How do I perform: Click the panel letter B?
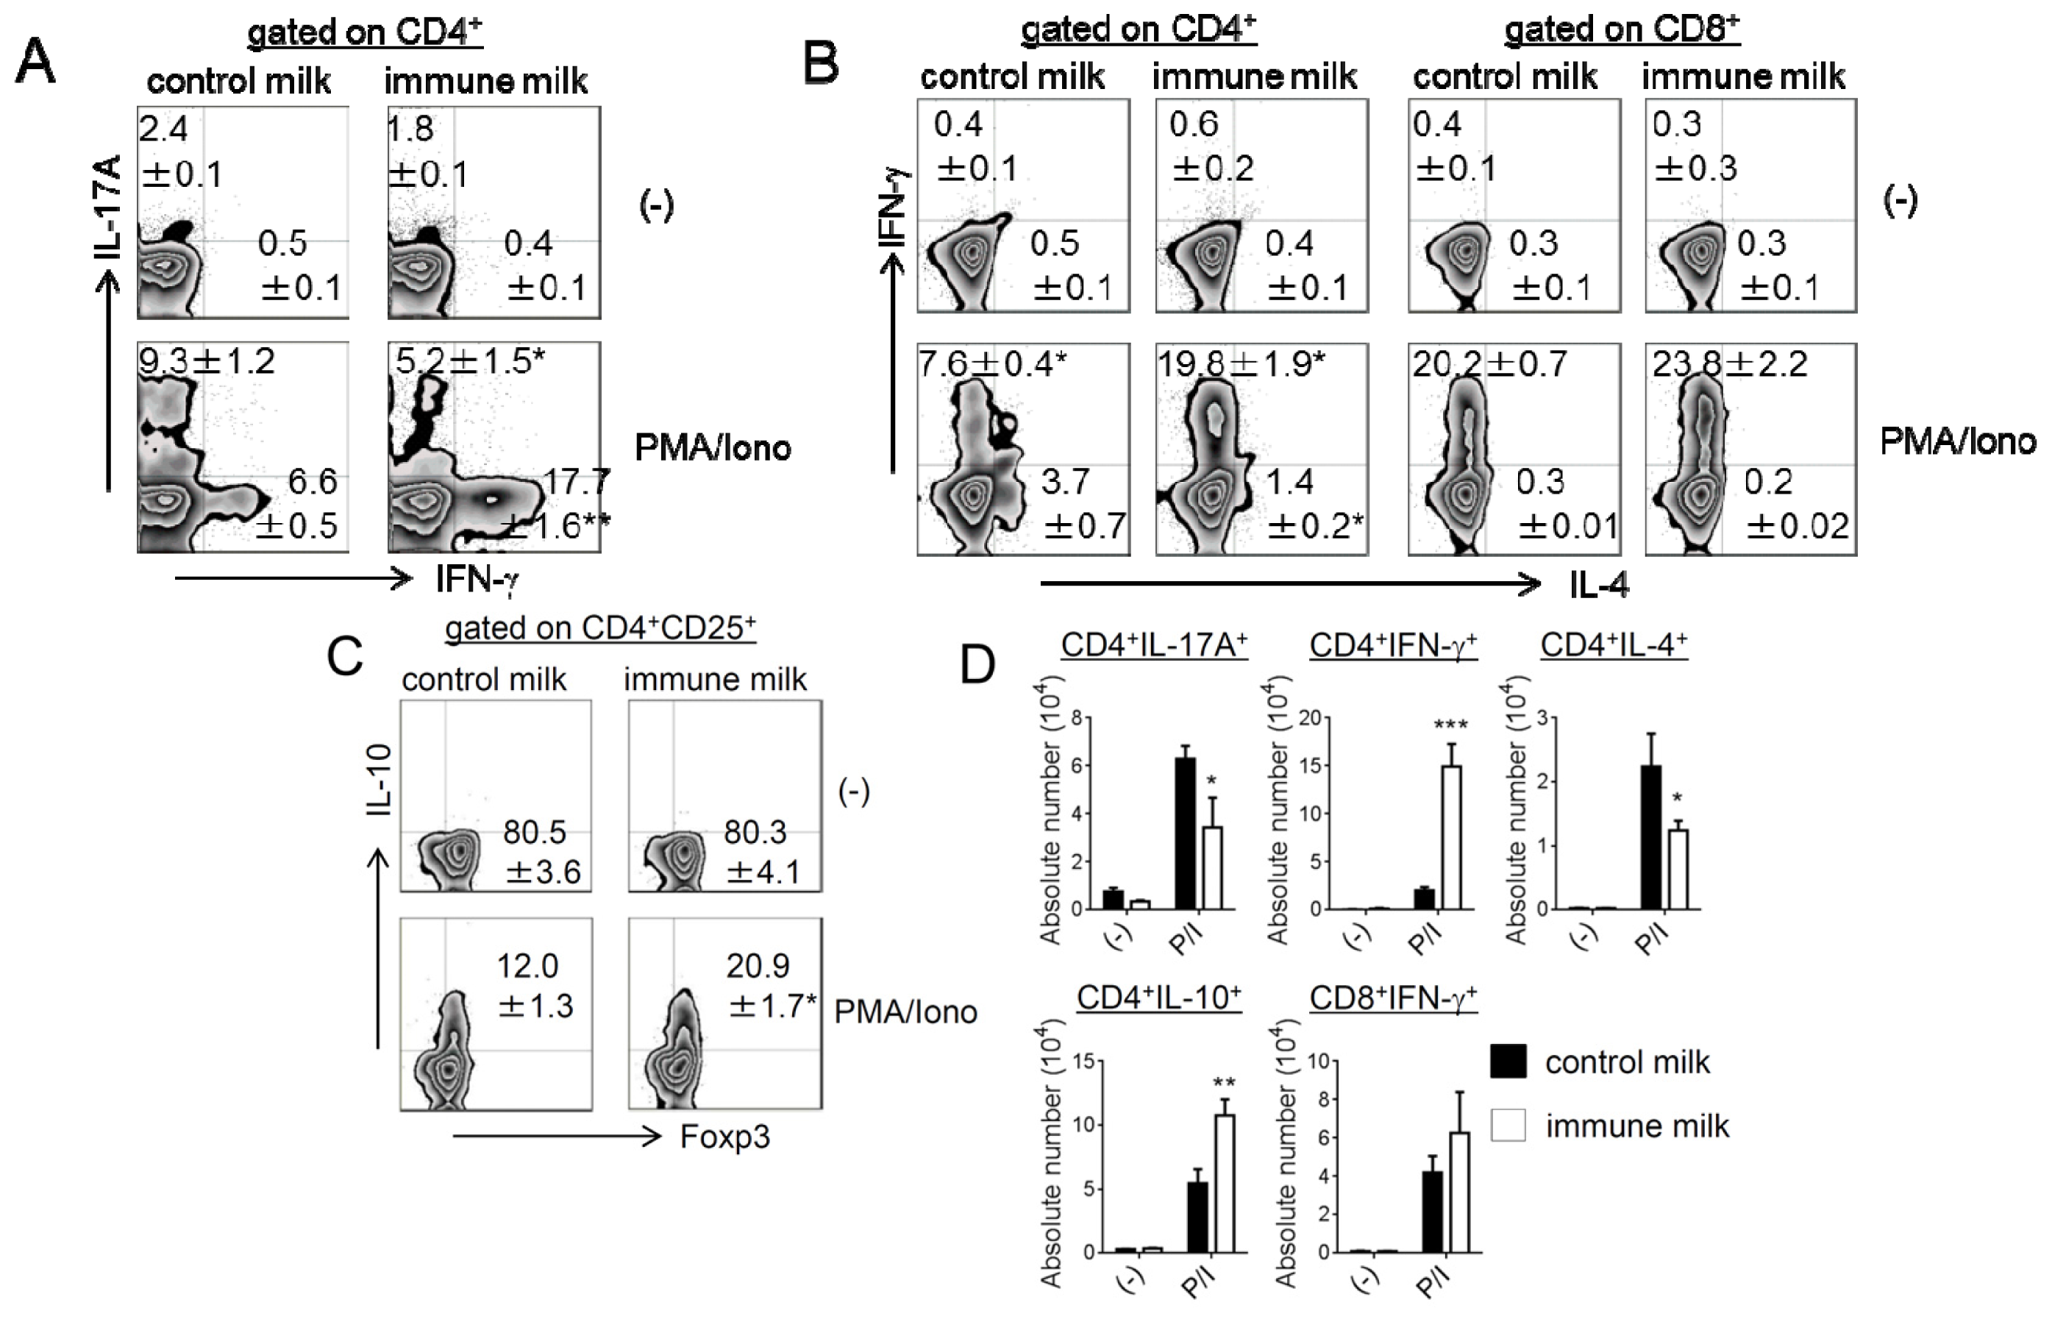[x=821, y=62]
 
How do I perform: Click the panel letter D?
[x=977, y=664]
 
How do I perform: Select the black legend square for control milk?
[x=1508, y=1061]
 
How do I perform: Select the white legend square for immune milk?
[x=1508, y=1125]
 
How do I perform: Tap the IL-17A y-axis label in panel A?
[x=110, y=206]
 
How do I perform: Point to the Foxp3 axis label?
[x=724, y=1137]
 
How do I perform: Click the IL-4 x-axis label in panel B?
[x=1598, y=586]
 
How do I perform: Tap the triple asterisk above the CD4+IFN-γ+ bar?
[x=1450, y=725]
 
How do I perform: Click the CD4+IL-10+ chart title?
[x=1158, y=998]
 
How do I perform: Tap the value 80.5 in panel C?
[x=534, y=831]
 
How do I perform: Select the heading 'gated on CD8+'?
[x=1621, y=31]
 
